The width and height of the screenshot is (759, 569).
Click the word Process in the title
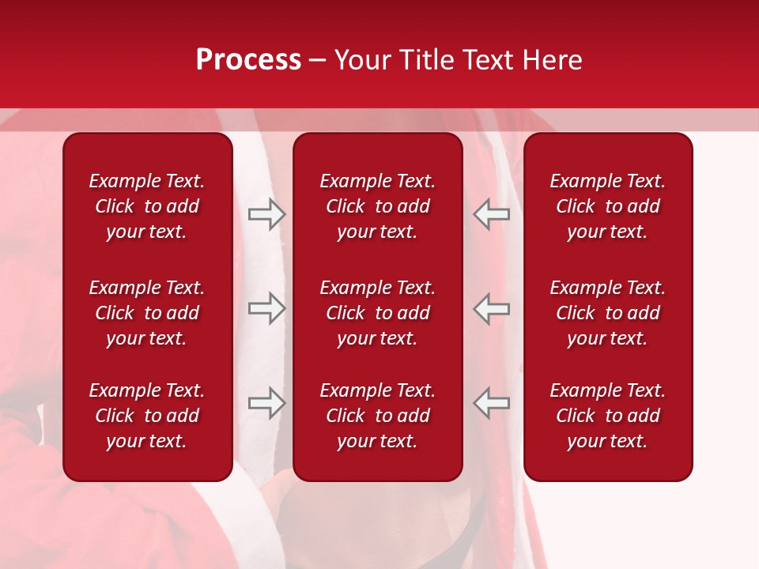248,60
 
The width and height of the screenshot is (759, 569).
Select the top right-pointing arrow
266,214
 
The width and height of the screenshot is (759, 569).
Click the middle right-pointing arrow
266,308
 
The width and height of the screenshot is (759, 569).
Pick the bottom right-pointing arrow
266,403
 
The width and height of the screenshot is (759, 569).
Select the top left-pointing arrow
492,214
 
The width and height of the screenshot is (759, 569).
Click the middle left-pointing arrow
492,308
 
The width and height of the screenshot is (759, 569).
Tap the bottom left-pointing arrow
492,403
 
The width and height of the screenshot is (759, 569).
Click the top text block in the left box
147,206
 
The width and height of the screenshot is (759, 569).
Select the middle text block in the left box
147,313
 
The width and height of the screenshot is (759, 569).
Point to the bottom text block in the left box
147,416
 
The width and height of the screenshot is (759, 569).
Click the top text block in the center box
378,206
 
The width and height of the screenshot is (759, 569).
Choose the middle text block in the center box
378,313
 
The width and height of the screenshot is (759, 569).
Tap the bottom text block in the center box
378,416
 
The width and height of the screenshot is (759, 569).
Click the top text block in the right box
608,206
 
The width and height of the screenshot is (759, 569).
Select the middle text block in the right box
608,313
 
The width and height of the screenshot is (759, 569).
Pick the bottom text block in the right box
608,416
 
